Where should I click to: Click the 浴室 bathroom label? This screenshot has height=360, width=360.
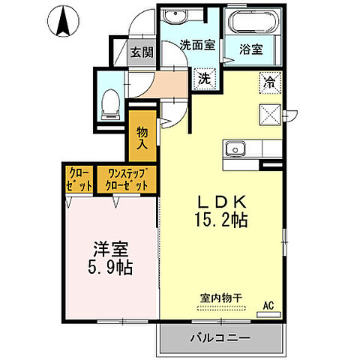251,51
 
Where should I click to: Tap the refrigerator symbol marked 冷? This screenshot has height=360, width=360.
268,80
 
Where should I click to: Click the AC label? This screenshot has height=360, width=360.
268,305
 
